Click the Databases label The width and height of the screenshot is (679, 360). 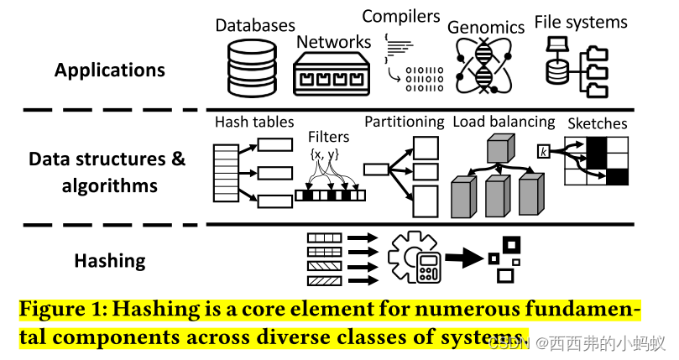point(255,25)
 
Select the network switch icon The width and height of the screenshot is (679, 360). point(332,73)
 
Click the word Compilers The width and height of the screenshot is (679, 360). point(401,16)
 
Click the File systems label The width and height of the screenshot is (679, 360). point(581,22)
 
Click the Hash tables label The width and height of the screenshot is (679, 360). point(254,122)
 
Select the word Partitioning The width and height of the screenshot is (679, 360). point(404,122)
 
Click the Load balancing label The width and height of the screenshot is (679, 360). point(504,122)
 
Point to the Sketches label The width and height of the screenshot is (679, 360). point(598,123)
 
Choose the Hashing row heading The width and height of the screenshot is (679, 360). point(110,260)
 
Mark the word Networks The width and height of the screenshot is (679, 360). point(333,41)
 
